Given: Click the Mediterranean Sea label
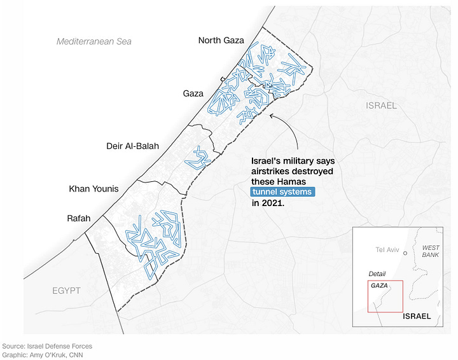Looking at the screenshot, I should [94, 41].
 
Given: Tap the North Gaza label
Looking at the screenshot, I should [221, 40].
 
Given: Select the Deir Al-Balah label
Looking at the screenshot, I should [132, 146].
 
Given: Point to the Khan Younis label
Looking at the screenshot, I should [94, 189].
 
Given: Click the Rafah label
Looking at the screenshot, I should [78, 218].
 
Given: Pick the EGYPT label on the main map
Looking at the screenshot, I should [66, 291].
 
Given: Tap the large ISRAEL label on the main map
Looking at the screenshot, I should [381, 106].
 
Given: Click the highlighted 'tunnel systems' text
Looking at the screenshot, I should [283, 192].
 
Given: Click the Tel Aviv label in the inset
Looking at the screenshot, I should [387, 249].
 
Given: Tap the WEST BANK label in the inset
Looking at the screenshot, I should [430, 251].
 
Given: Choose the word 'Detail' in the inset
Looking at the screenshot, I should [377, 273].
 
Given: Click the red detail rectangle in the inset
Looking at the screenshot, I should [385, 296].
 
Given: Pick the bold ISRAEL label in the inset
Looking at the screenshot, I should [416, 316].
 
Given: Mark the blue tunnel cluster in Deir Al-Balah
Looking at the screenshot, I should [198, 157].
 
